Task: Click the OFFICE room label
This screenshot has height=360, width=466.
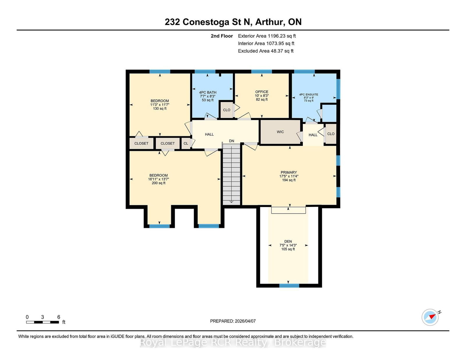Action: (x=262, y=92)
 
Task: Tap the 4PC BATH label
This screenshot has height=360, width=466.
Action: (x=207, y=92)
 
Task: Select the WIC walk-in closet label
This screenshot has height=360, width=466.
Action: (x=280, y=132)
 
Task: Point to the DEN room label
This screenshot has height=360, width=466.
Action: (x=288, y=241)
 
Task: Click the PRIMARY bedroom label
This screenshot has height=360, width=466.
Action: (x=289, y=172)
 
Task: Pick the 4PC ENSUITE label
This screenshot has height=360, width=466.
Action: (x=309, y=95)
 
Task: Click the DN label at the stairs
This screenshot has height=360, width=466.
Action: (x=231, y=141)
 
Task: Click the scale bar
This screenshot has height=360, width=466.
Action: (x=43, y=322)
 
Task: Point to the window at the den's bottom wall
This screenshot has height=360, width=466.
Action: (x=289, y=285)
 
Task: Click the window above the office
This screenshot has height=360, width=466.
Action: (x=262, y=72)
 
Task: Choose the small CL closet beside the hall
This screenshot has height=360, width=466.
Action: (x=186, y=143)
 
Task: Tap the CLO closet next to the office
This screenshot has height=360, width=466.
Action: (x=227, y=110)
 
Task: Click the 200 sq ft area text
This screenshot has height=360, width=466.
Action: (x=158, y=183)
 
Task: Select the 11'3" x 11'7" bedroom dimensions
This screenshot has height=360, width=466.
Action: (x=160, y=105)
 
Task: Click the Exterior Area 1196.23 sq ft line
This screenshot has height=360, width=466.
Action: (x=267, y=36)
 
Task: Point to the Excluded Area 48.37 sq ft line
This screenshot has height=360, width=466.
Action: (x=266, y=51)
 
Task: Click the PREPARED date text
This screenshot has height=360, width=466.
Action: (x=233, y=321)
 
